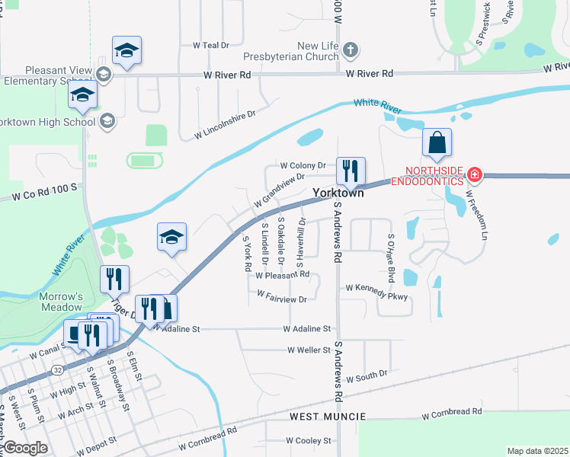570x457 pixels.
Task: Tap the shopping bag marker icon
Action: [x=437, y=143]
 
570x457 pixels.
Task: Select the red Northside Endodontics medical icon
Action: [x=474, y=174]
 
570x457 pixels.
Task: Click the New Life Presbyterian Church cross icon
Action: [x=350, y=52]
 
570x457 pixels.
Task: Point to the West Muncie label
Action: [x=328, y=417]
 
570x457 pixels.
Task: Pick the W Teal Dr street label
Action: [x=211, y=45]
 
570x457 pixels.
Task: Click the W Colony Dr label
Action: [x=303, y=165]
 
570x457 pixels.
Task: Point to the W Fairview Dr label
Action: [x=281, y=296]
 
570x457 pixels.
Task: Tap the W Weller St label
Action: [x=309, y=350]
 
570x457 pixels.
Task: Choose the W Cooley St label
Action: [x=308, y=441]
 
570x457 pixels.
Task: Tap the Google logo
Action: [x=25, y=448]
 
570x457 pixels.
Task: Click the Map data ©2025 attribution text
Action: [x=537, y=451]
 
